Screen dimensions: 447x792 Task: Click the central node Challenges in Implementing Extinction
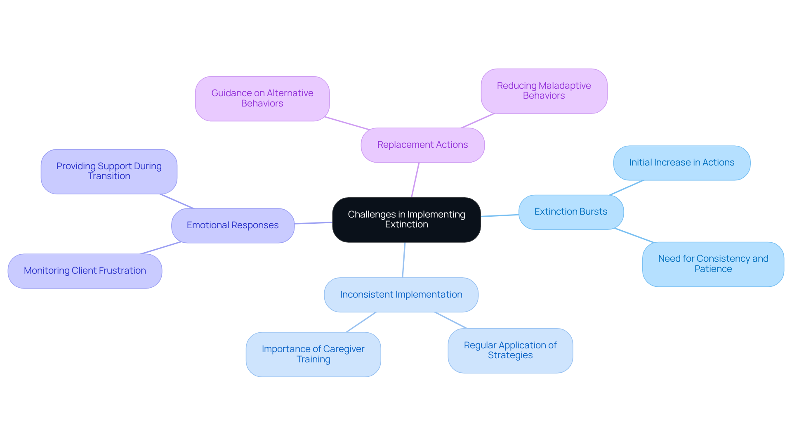pyautogui.click(x=406, y=220)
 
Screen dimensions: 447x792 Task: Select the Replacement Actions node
pyautogui.click(x=422, y=145)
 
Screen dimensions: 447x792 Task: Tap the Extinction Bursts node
pyautogui.click(x=571, y=212)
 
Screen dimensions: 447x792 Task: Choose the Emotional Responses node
pyautogui.click(x=233, y=225)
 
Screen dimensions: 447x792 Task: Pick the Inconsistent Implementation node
pyautogui.click(x=401, y=295)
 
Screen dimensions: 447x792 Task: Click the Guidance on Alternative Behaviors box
pyautogui.click(x=262, y=98)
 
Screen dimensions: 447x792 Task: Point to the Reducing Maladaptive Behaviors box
pyautogui.click(x=544, y=91)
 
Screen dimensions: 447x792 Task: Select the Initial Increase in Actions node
pyautogui.click(x=681, y=163)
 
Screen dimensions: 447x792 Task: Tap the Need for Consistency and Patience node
pyautogui.click(x=713, y=264)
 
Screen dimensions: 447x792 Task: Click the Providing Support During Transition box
pyautogui.click(x=109, y=171)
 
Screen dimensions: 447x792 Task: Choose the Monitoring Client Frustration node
pyautogui.click(x=85, y=271)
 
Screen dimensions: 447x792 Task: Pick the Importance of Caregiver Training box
pyautogui.click(x=313, y=354)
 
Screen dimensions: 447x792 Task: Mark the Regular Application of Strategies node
pyautogui.click(x=510, y=350)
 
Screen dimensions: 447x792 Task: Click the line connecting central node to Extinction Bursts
pyautogui.click(x=500, y=215)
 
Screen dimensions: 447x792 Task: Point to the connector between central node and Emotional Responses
pyautogui.click(x=313, y=223)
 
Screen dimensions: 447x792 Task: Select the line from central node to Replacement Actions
pyautogui.click(x=415, y=180)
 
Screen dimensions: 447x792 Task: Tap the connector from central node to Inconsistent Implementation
pyautogui.click(x=404, y=260)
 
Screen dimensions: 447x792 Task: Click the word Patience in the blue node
pyautogui.click(x=713, y=269)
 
